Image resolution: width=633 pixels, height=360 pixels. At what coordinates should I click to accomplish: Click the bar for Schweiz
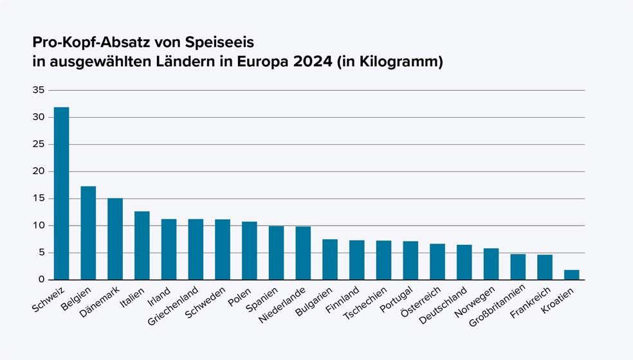(x=62, y=194)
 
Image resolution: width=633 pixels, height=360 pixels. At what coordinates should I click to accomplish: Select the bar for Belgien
(x=88, y=233)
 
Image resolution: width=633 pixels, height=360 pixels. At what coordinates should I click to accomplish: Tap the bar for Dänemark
(x=115, y=239)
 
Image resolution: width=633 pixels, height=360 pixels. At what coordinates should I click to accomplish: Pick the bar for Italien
(x=142, y=246)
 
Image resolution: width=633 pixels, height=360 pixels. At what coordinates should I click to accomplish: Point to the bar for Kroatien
(x=572, y=275)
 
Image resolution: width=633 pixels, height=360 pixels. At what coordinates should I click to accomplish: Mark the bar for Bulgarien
(x=330, y=260)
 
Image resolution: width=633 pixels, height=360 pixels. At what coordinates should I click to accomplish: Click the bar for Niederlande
(x=303, y=253)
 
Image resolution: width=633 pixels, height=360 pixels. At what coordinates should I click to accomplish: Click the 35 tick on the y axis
(x=39, y=90)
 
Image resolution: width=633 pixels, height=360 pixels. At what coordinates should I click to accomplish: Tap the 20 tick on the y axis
(x=39, y=172)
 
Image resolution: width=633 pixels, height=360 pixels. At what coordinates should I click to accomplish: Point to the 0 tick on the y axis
(x=41, y=280)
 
